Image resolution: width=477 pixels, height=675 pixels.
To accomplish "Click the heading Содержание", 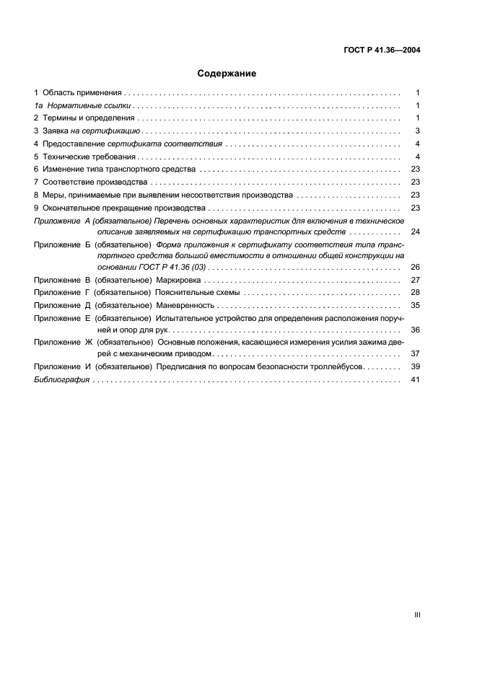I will (227, 73).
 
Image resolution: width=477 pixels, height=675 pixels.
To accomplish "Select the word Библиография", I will (61, 380).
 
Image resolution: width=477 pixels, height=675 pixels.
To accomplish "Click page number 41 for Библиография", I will (415, 380).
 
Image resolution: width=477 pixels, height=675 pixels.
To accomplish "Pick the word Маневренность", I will (185, 305).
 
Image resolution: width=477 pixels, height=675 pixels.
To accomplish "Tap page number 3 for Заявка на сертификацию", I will (417, 131).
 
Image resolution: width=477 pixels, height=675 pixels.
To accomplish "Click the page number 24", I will (415, 232).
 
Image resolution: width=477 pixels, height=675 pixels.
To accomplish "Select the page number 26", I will (415, 267).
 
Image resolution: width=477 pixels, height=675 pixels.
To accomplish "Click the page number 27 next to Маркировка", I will (415, 279).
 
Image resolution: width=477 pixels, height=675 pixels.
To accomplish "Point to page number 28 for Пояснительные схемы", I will (415, 292).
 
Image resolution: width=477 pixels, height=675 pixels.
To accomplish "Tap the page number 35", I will (415, 305).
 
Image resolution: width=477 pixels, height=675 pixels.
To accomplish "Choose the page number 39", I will (415, 367).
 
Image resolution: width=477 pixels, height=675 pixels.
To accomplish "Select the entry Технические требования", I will (89, 156).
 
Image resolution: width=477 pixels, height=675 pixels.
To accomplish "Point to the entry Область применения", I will (82, 94).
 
